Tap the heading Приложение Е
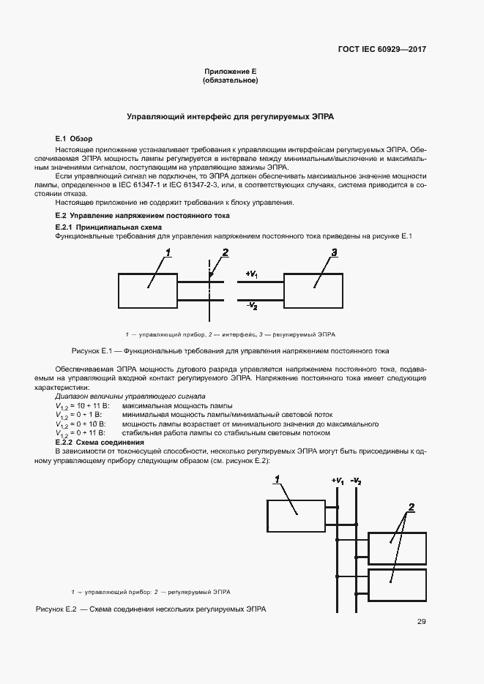[230, 72]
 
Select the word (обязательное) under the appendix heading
[230, 80]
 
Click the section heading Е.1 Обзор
[74, 138]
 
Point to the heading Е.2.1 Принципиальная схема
[109, 228]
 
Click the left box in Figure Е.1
[147, 290]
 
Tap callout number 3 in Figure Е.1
[333, 253]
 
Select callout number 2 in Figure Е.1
[226, 253]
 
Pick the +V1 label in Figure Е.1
[251, 274]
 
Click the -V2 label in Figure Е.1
[251, 304]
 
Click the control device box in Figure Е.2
[296, 515]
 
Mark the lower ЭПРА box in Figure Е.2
[397, 585]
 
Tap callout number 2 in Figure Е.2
[412, 507]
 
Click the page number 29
[422, 622]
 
